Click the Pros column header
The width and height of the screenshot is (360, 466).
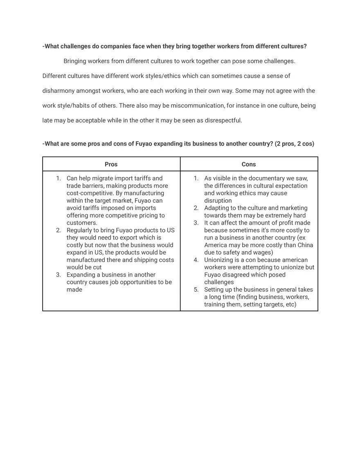[111, 164]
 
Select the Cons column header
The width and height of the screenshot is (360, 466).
[249, 164]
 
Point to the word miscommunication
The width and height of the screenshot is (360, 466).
[198, 106]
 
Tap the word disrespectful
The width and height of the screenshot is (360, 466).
[223, 120]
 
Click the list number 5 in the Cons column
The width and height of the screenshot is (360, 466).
[196, 290]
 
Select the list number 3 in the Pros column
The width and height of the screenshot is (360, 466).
[58, 275]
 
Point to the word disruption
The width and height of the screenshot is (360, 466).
[218, 200]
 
